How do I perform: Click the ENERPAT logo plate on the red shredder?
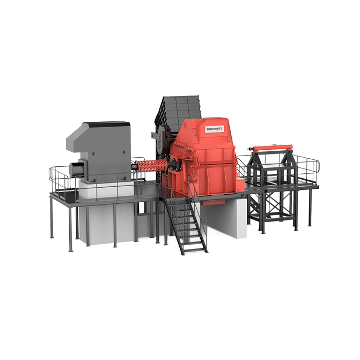pyautogui.click(x=214, y=129)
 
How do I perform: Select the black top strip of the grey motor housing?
pyautogui.click(x=106, y=124)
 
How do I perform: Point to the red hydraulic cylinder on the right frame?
pyautogui.click(x=271, y=148)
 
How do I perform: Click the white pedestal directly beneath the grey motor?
pyautogui.click(x=106, y=189)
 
